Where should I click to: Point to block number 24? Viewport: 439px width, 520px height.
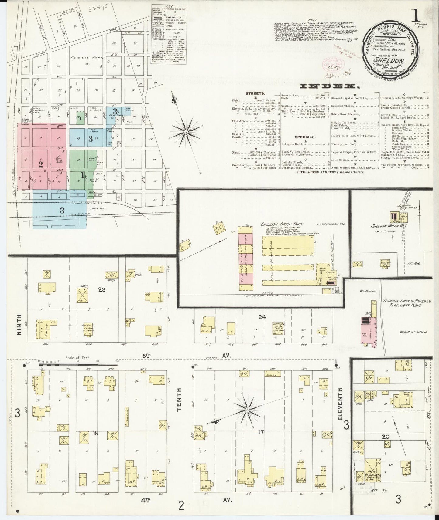coord(262,317)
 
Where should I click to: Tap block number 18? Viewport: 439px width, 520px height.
coord(95,433)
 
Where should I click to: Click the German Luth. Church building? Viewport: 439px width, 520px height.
coord(279,329)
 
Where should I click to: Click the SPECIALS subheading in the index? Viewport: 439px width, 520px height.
coord(305,137)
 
